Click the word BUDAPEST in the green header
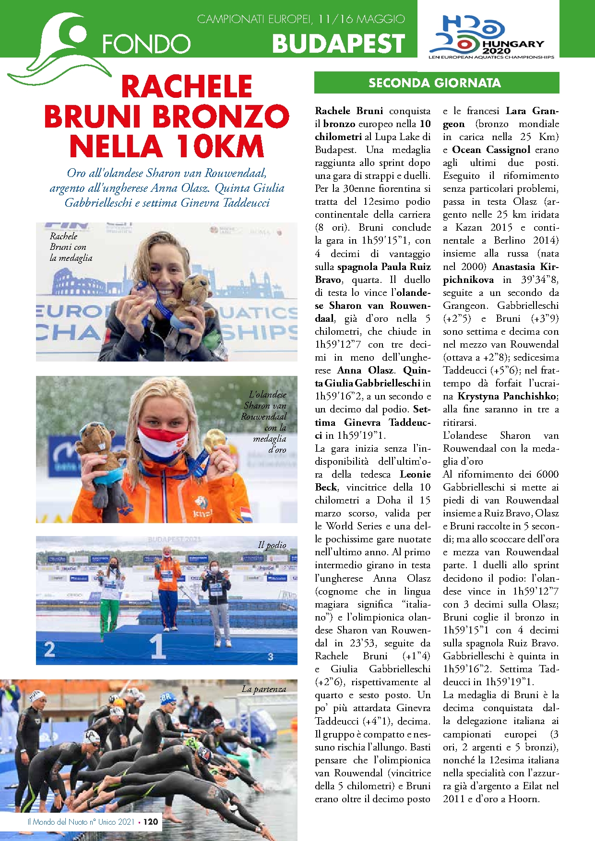(x=338, y=44)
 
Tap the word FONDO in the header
(x=146, y=44)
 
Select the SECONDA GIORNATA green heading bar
(x=436, y=83)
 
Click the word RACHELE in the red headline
(x=187, y=87)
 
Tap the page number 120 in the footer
(x=151, y=822)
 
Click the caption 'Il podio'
(x=272, y=545)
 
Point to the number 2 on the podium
(x=49, y=650)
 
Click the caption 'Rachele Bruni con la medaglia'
(x=71, y=247)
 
